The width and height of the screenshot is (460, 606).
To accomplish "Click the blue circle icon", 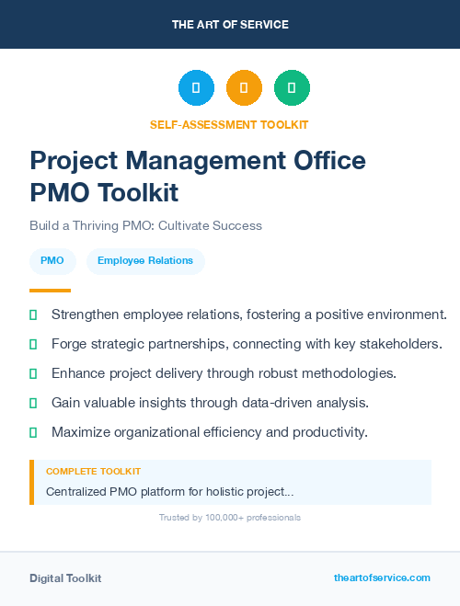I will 196,88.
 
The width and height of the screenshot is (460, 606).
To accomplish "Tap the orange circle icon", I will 244,88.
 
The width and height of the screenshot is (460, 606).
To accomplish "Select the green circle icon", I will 292,88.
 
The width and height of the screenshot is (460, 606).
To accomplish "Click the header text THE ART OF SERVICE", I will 230,24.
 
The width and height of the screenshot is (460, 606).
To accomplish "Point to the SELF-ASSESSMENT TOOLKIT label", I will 229,124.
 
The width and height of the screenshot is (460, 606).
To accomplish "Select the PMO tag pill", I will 52,261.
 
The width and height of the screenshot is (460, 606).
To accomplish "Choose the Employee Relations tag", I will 145,261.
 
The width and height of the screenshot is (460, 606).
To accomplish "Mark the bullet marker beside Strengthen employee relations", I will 33,314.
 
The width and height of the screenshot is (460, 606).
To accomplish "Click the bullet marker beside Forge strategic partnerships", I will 33,344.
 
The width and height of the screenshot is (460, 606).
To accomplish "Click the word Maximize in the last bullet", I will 82,432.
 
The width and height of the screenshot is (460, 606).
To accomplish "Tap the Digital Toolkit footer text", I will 65,578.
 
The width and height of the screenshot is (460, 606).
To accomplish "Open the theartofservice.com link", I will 382,577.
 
